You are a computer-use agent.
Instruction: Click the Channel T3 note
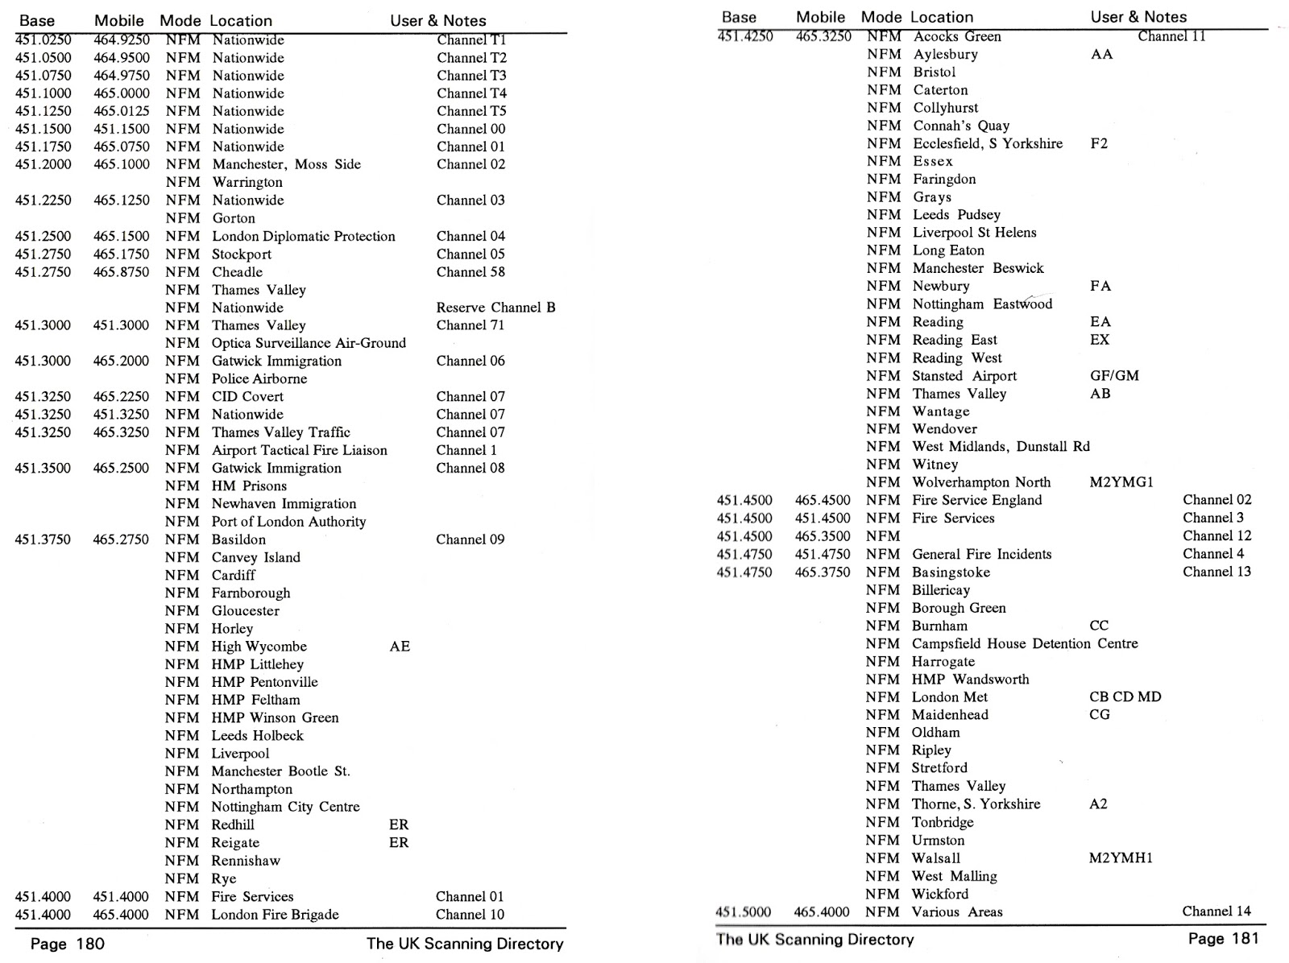click(x=471, y=76)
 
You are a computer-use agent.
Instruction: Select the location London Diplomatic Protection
click(x=303, y=236)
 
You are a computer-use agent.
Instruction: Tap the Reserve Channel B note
click(x=495, y=308)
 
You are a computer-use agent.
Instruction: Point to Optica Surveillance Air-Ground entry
click(x=309, y=343)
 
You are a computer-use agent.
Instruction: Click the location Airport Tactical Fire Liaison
click(x=299, y=450)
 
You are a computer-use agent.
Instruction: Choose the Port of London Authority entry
click(x=288, y=522)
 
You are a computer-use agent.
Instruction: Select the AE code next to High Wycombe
click(x=400, y=647)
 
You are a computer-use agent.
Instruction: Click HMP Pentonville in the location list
click(x=264, y=682)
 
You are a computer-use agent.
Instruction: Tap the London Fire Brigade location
click(x=275, y=915)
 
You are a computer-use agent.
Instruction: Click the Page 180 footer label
click(x=68, y=944)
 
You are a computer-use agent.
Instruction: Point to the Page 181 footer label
click(x=1222, y=939)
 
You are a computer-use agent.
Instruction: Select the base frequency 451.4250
click(x=744, y=36)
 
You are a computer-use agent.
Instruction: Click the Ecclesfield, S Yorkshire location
click(x=987, y=143)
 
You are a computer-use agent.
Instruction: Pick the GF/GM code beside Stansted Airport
click(x=1114, y=376)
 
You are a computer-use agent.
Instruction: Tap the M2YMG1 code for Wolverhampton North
click(x=1121, y=482)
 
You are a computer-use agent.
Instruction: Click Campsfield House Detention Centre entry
click(x=1025, y=643)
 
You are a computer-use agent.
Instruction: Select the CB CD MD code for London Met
click(x=1125, y=697)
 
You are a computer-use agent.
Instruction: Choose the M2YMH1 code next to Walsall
click(x=1121, y=858)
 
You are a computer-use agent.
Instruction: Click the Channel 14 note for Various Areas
click(x=1216, y=911)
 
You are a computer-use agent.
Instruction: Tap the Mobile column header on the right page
click(x=820, y=17)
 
